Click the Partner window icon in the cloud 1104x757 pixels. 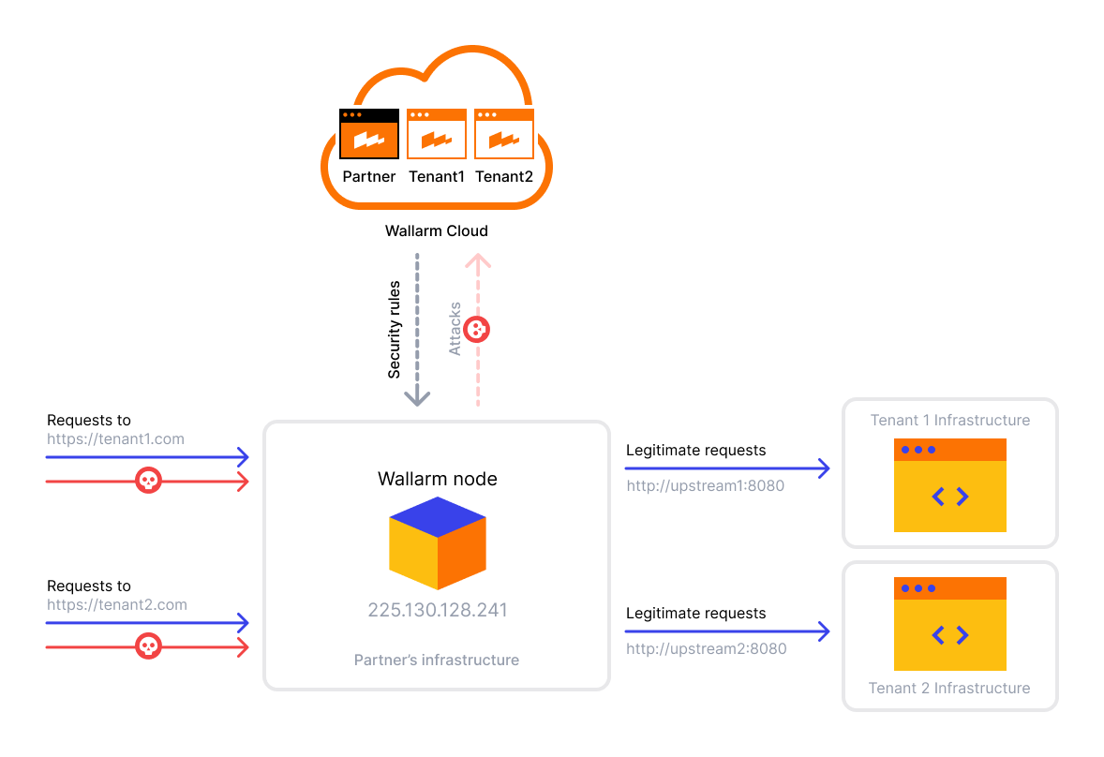pyautogui.click(x=369, y=134)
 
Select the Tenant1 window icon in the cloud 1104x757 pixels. pyautogui.click(x=437, y=134)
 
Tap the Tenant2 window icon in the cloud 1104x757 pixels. pyautogui.click(x=504, y=134)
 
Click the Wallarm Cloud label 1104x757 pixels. pyautogui.click(x=437, y=230)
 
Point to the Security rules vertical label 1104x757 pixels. pyautogui.click(x=395, y=330)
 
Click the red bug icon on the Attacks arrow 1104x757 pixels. pyautogui.click(x=477, y=329)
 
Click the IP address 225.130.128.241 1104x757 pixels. pyautogui.click(x=438, y=610)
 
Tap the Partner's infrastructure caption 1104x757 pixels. pyautogui.click(x=437, y=661)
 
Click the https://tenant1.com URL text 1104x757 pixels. pyautogui.click(x=116, y=438)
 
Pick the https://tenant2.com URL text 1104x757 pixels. pyautogui.click(x=117, y=604)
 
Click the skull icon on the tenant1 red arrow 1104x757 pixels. pyautogui.click(x=148, y=481)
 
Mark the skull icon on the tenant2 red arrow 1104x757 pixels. pyautogui.click(x=148, y=646)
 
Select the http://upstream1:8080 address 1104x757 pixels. pyautogui.click(x=705, y=485)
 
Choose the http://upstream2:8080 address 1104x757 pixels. pyautogui.click(x=706, y=648)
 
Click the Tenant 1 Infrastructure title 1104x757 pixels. pyautogui.click(x=950, y=420)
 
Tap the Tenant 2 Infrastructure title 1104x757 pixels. pyautogui.click(x=949, y=688)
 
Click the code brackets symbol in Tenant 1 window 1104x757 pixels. pyautogui.click(x=950, y=497)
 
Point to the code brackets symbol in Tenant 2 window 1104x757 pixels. pyautogui.click(x=950, y=635)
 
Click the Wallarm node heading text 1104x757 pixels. pyautogui.click(x=438, y=479)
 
